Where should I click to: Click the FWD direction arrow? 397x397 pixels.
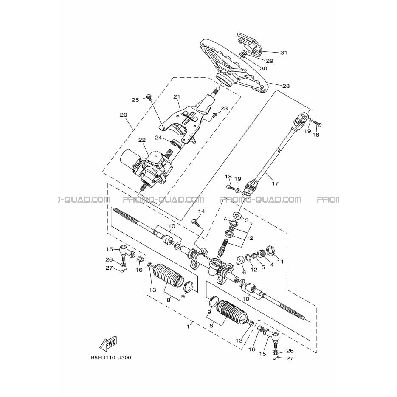tap(109, 344)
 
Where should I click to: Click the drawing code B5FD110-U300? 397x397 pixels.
tap(111, 358)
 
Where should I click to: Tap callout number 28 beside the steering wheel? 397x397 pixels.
tap(286, 86)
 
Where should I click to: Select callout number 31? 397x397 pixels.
tap(284, 53)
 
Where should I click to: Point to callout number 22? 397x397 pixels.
tap(142, 140)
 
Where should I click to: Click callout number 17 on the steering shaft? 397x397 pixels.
tap(275, 183)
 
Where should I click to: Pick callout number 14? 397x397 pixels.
tap(201, 211)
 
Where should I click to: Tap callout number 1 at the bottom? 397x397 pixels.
tap(188, 327)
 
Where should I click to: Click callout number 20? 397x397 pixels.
tap(124, 115)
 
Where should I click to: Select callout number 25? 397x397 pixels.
tap(135, 100)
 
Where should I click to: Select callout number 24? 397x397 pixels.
tap(158, 138)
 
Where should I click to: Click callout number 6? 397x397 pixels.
tap(244, 273)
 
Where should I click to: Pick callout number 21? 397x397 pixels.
tap(177, 97)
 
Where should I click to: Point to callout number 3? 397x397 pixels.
tap(247, 220)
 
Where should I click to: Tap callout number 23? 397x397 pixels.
tap(224, 108)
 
